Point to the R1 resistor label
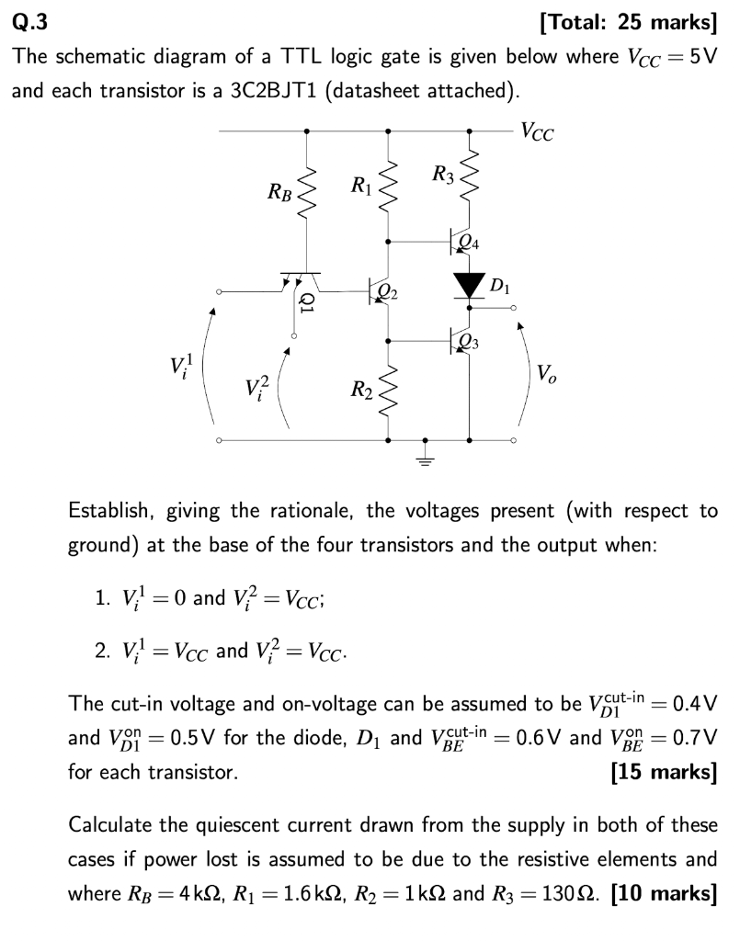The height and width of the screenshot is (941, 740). [361, 186]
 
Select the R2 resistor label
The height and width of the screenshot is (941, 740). [361, 394]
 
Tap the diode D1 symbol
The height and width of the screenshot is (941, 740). [470, 283]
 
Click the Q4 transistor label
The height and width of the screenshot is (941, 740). [468, 243]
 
